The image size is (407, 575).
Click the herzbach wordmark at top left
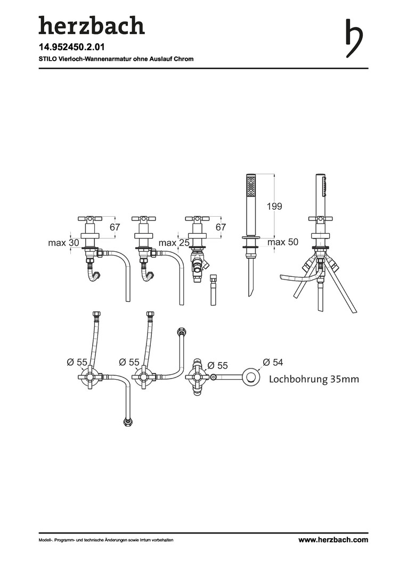pyautogui.click(x=92, y=26)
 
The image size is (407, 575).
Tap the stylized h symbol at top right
pyautogui.click(x=354, y=38)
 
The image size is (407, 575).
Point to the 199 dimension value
pyautogui.click(x=274, y=206)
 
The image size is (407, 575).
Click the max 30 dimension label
pyautogui.click(x=63, y=242)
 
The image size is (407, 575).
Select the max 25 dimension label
pyautogui.click(x=174, y=242)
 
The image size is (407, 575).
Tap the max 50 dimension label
pyautogui.click(x=282, y=242)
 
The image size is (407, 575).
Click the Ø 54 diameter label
pyautogui.click(x=273, y=363)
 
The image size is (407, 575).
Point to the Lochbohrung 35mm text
pyautogui.click(x=314, y=379)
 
